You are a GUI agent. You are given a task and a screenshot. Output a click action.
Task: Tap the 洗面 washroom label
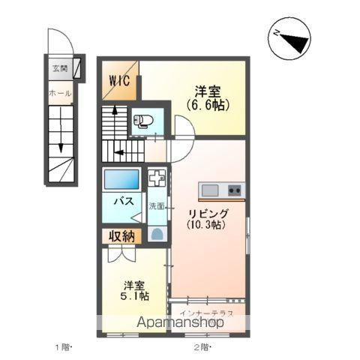[x=156, y=205]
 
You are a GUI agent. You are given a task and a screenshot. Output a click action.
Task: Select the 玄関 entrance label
[x=59, y=68]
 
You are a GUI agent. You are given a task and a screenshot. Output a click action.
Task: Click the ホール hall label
[x=59, y=94]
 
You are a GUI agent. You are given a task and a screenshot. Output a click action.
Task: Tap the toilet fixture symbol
[x=142, y=121]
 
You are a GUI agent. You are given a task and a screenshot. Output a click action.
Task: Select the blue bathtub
[x=121, y=180]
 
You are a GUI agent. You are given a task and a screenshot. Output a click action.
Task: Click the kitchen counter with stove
[x=220, y=190]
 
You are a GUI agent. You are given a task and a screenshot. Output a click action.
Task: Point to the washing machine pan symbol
[x=157, y=180]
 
